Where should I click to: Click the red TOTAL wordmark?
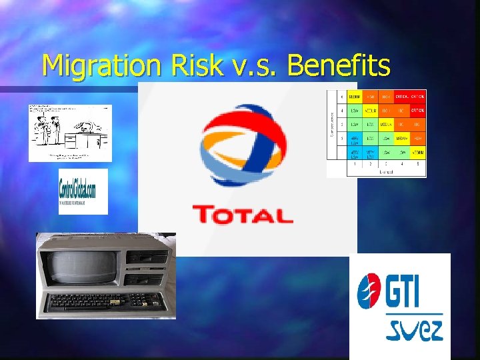[x=243, y=215]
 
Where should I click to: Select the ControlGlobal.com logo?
[x=83, y=191]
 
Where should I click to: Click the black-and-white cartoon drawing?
[x=70, y=132]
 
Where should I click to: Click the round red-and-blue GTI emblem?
[x=369, y=291]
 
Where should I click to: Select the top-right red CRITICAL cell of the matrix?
[x=418, y=97]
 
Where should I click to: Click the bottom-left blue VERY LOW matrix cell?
[x=355, y=155]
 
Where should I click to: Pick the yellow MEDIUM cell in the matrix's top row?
[x=355, y=97]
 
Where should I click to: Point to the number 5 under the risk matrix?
[x=418, y=163]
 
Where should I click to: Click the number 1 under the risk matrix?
[x=355, y=163]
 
